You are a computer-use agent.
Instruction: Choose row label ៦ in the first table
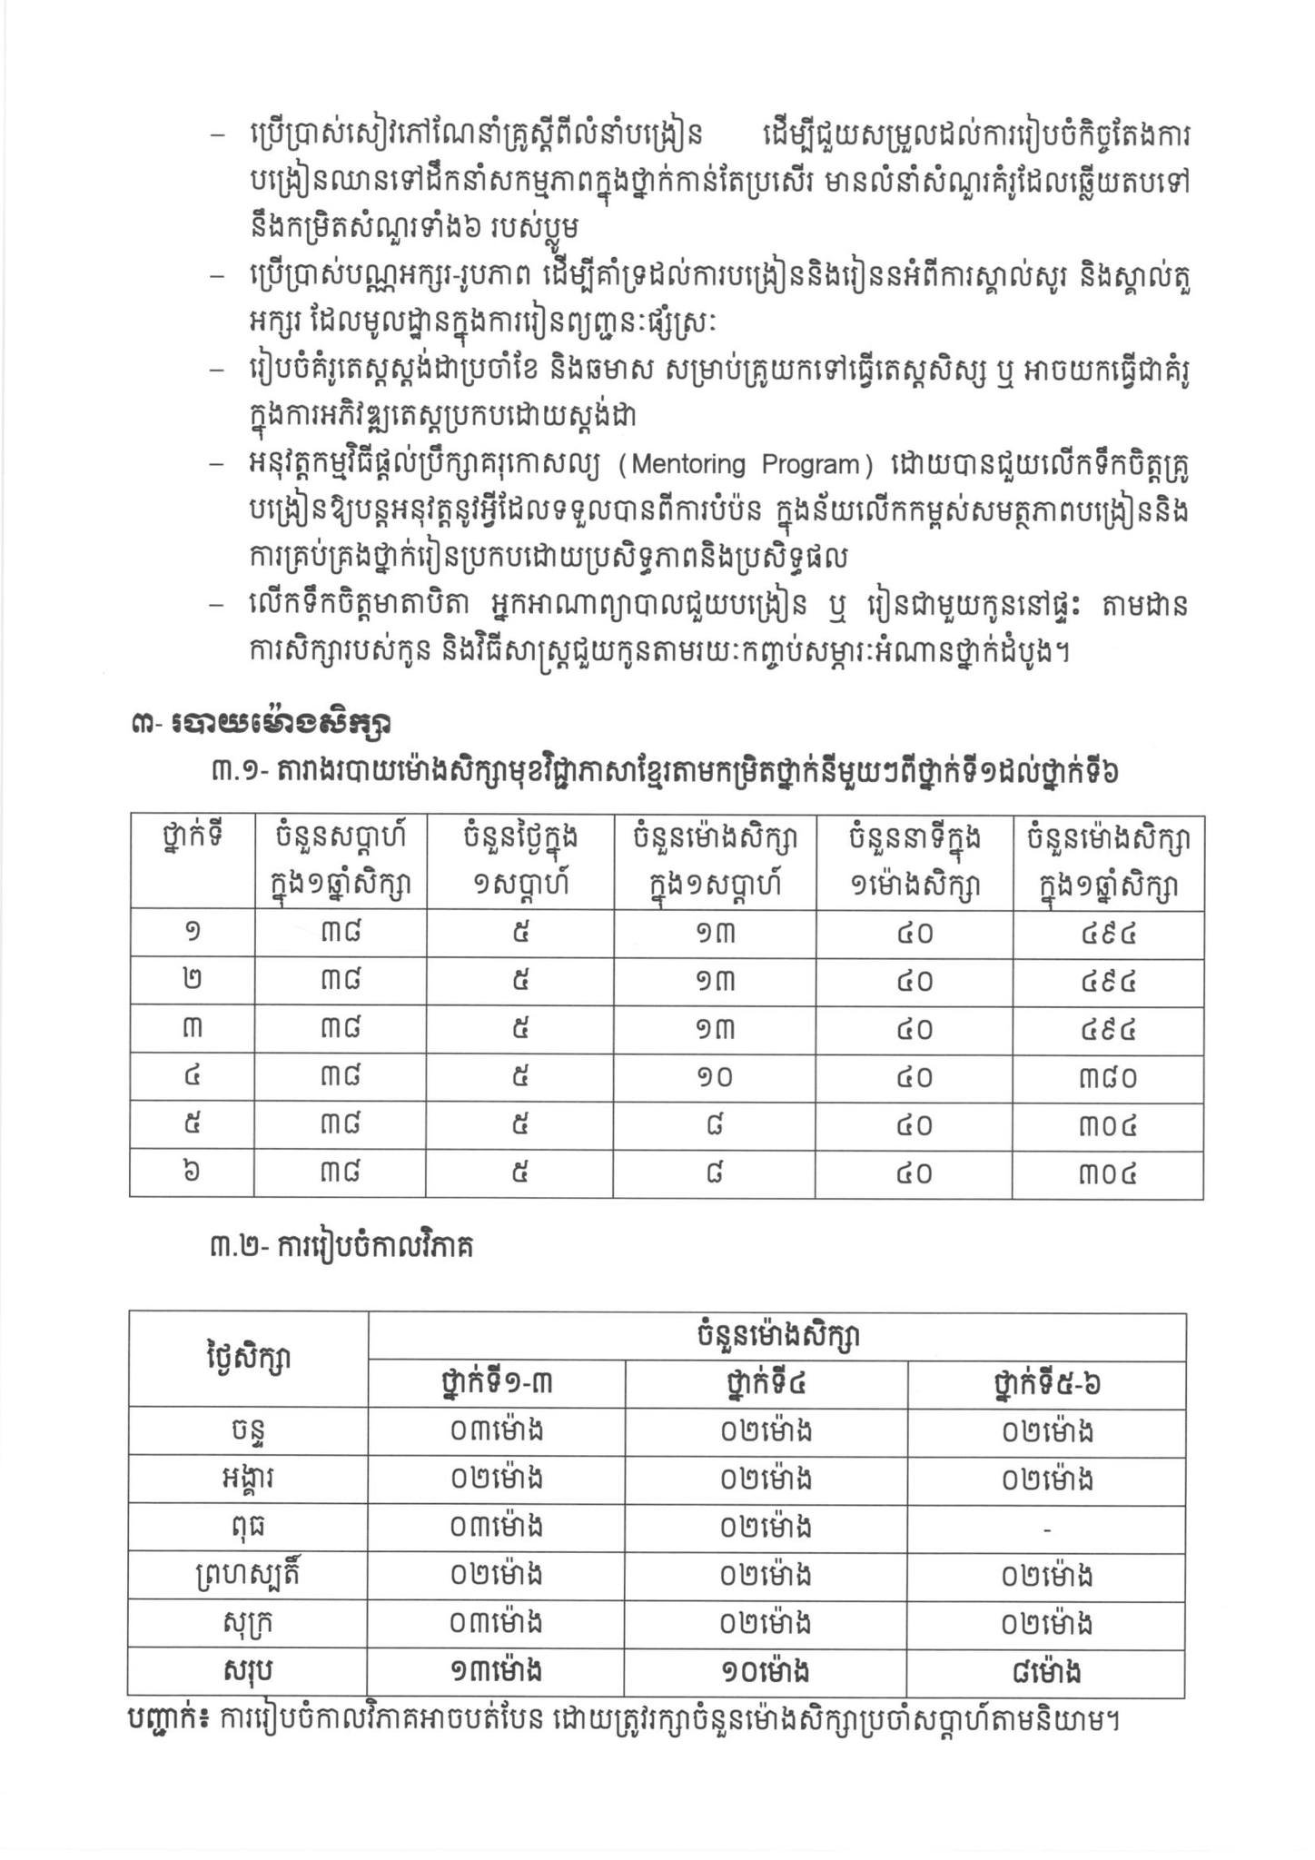(x=192, y=1173)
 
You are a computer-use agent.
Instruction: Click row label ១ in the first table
(x=192, y=933)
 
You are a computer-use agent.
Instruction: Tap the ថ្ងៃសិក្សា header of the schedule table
(x=247, y=1359)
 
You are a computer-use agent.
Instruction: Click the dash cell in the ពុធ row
(x=1046, y=1529)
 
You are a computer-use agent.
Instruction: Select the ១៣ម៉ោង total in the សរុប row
(x=496, y=1673)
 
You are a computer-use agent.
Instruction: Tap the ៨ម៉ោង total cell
(x=1046, y=1673)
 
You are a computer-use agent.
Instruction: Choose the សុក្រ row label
(x=247, y=1624)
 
